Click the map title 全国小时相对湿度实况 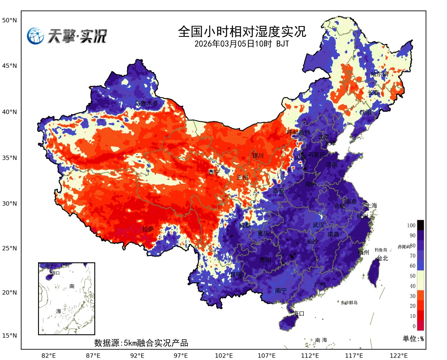(x=242, y=31)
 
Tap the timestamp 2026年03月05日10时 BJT (x=242, y=43)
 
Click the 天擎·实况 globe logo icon (x=36, y=36)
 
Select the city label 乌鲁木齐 (x=147, y=103)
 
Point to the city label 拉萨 (x=148, y=229)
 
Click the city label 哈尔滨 (x=380, y=74)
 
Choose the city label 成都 (x=245, y=225)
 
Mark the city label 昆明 (x=236, y=274)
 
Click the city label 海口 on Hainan (x=298, y=313)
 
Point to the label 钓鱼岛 (x=380, y=250)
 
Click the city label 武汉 (x=319, y=225)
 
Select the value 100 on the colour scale (x=411, y=226)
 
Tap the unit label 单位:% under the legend (x=413, y=338)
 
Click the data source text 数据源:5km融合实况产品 (x=141, y=343)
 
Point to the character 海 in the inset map (x=58, y=310)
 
